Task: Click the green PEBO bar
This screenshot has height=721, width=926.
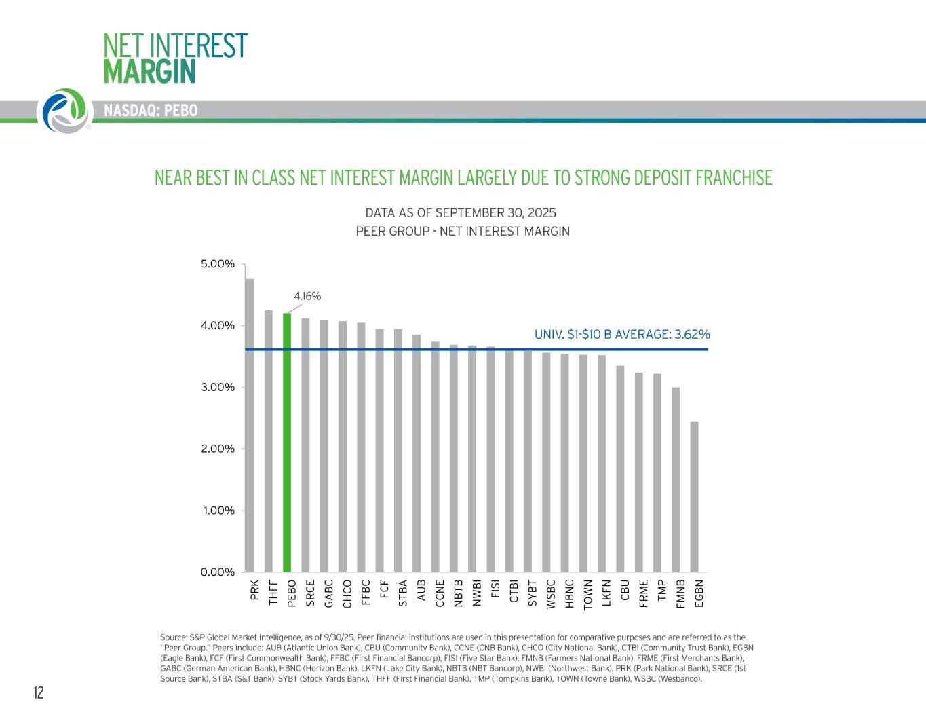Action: (x=287, y=443)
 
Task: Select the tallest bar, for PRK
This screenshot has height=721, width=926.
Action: (x=250, y=426)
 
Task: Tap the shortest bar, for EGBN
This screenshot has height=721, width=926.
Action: (x=694, y=497)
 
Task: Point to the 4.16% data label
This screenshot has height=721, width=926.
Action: (x=307, y=296)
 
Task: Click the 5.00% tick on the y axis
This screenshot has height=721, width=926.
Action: (x=218, y=264)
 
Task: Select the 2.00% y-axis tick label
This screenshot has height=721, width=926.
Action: (x=218, y=449)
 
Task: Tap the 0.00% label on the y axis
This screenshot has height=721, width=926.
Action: (x=218, y=572)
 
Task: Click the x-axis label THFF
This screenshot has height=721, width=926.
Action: (x=273, y=593)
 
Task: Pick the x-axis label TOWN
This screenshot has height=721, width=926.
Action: (x=587, y=594)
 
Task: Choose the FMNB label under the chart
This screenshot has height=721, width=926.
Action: (x=680, y=594)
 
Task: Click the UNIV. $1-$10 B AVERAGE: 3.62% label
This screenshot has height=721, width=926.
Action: (x=622, y=334)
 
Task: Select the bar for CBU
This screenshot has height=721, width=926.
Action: (x=620, y=469)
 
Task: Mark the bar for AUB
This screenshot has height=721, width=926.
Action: (x=417, y=454)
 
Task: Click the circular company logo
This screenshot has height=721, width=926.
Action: (x=64, y=111)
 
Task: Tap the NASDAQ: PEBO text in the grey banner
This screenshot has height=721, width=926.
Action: (x=151, y=111)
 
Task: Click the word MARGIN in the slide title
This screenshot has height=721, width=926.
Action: (x=149, y=72)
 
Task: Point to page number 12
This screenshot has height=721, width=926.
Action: (x=39, y=692)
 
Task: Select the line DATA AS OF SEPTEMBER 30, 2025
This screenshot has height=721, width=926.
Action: (x=461, y=212)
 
